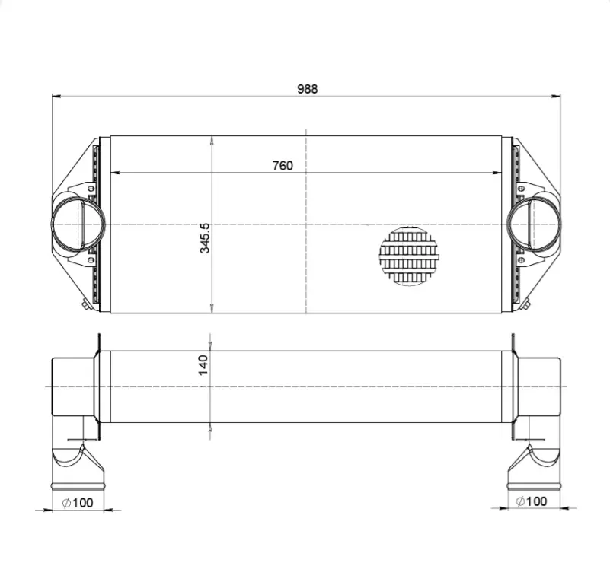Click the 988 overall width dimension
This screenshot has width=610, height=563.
point(308,89)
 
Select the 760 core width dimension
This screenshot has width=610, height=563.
point(283,166)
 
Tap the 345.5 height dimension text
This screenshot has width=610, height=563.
point(205,238)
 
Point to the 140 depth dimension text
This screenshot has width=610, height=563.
point(203,365)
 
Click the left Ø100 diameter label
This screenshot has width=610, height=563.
point(78,503)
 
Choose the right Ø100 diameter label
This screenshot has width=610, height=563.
point(531,501)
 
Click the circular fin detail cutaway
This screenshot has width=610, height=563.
point(408,256)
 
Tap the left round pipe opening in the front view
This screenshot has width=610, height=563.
point(78,224)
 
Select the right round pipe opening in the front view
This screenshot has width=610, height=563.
point(534,224)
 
